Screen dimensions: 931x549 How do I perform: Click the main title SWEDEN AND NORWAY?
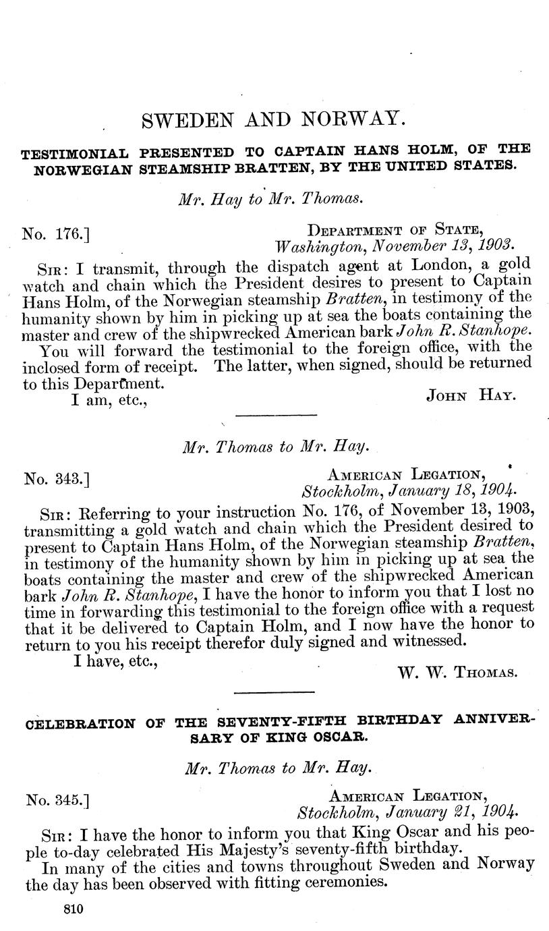[274, 120]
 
